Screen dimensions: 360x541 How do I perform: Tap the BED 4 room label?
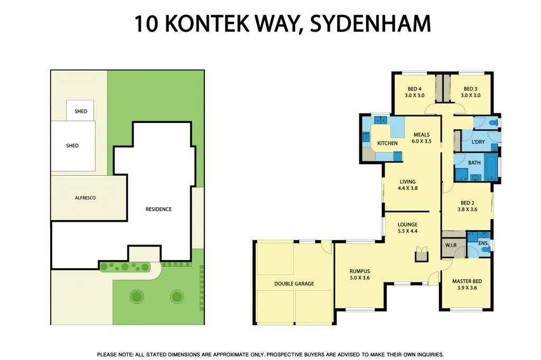(414, 92)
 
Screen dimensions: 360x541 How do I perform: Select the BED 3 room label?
(470, 92)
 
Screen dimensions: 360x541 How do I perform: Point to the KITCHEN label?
(387, 143)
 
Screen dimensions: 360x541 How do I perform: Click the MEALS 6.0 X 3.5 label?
(422, 138)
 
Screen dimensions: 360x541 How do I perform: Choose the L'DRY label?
(478, 142)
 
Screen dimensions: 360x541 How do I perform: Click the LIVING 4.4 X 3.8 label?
(407, 185)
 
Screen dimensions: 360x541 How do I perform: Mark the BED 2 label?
(467, 206)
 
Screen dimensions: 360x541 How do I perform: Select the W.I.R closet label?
(451, 245)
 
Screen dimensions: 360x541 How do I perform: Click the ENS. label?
(483, 243)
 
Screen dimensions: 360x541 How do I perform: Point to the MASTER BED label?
(467, 285)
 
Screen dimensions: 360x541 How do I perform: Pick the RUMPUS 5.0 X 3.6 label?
(359, 274)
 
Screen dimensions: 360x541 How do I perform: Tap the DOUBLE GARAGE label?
(294, 283)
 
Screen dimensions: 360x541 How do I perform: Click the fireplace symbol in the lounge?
(422, 255)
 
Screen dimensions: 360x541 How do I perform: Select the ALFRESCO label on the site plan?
(85, 197)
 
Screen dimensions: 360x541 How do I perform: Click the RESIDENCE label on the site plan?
(158, 209)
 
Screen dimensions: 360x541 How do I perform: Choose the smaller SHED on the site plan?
(81, 111)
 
